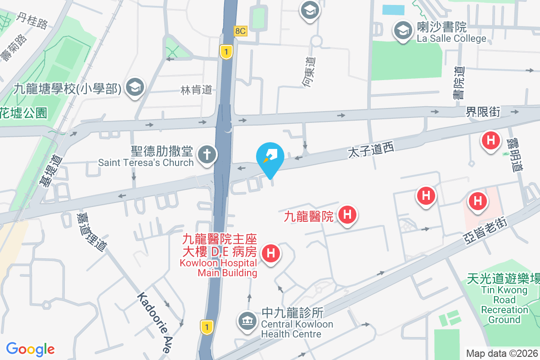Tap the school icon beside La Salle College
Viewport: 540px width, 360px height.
click(401, 31)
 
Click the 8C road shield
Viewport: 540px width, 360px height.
click(241, 31)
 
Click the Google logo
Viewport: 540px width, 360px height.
click(30, 349)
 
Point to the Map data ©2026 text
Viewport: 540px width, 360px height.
click(502, 353)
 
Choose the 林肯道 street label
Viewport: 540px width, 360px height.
click(196, 90)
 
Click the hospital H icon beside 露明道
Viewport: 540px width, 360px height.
click(491, 140)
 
